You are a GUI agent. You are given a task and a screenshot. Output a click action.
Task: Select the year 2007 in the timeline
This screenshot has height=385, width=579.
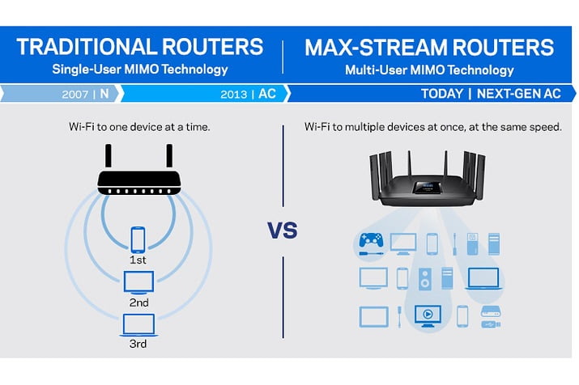(75, 94)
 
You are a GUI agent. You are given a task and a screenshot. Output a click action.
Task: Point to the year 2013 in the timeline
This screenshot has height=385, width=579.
(234, 94)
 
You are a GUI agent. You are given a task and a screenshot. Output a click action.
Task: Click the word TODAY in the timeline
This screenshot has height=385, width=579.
(441, 94)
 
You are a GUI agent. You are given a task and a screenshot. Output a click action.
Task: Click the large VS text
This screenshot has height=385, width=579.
(282, 231)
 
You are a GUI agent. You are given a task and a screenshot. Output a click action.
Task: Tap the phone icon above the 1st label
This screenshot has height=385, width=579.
(138, 240)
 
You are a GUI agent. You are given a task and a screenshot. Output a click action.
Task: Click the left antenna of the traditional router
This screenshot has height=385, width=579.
(109, 156)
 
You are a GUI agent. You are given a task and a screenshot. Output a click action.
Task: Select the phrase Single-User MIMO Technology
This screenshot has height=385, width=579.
(140, 70)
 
